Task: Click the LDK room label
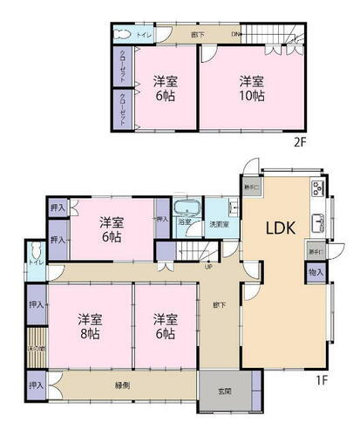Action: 281,228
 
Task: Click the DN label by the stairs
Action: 235,35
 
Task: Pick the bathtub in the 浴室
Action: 187,210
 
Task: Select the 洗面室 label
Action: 220,224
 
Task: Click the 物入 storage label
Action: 316,273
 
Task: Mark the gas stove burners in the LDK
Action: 316,188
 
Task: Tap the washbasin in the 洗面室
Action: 232,208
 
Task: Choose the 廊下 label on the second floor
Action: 197,34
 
